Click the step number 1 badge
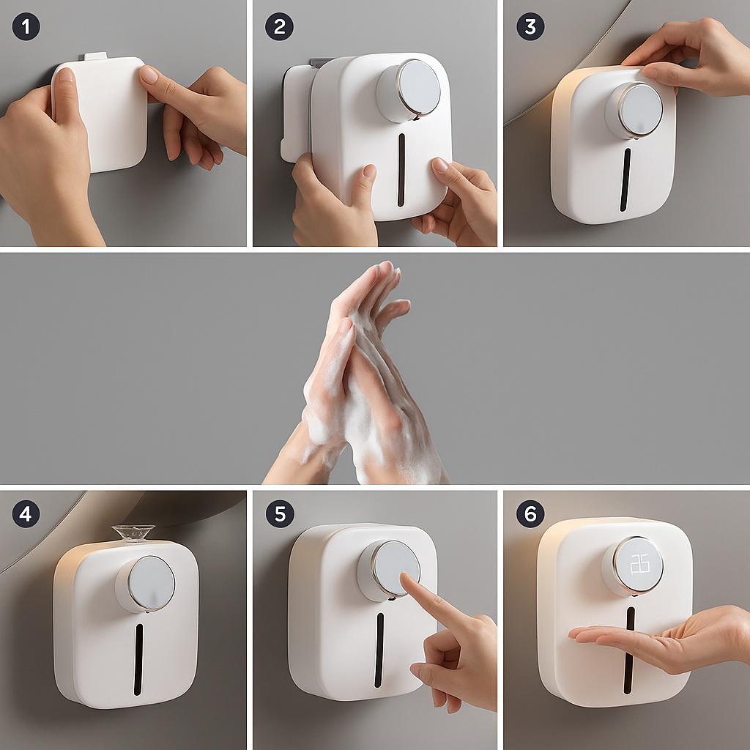coord(26,26)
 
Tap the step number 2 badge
coord(279,26)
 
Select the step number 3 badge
coord(530,26)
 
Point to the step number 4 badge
coord(26,513)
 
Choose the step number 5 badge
coord(279,513)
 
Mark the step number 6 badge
coord(530,513)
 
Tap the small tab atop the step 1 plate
coord(96,56)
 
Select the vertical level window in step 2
coord(401,169)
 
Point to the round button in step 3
coord(634,110)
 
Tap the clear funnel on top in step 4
coord(133,532)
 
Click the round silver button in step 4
coord(146,583)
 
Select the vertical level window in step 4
coord(138,658)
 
